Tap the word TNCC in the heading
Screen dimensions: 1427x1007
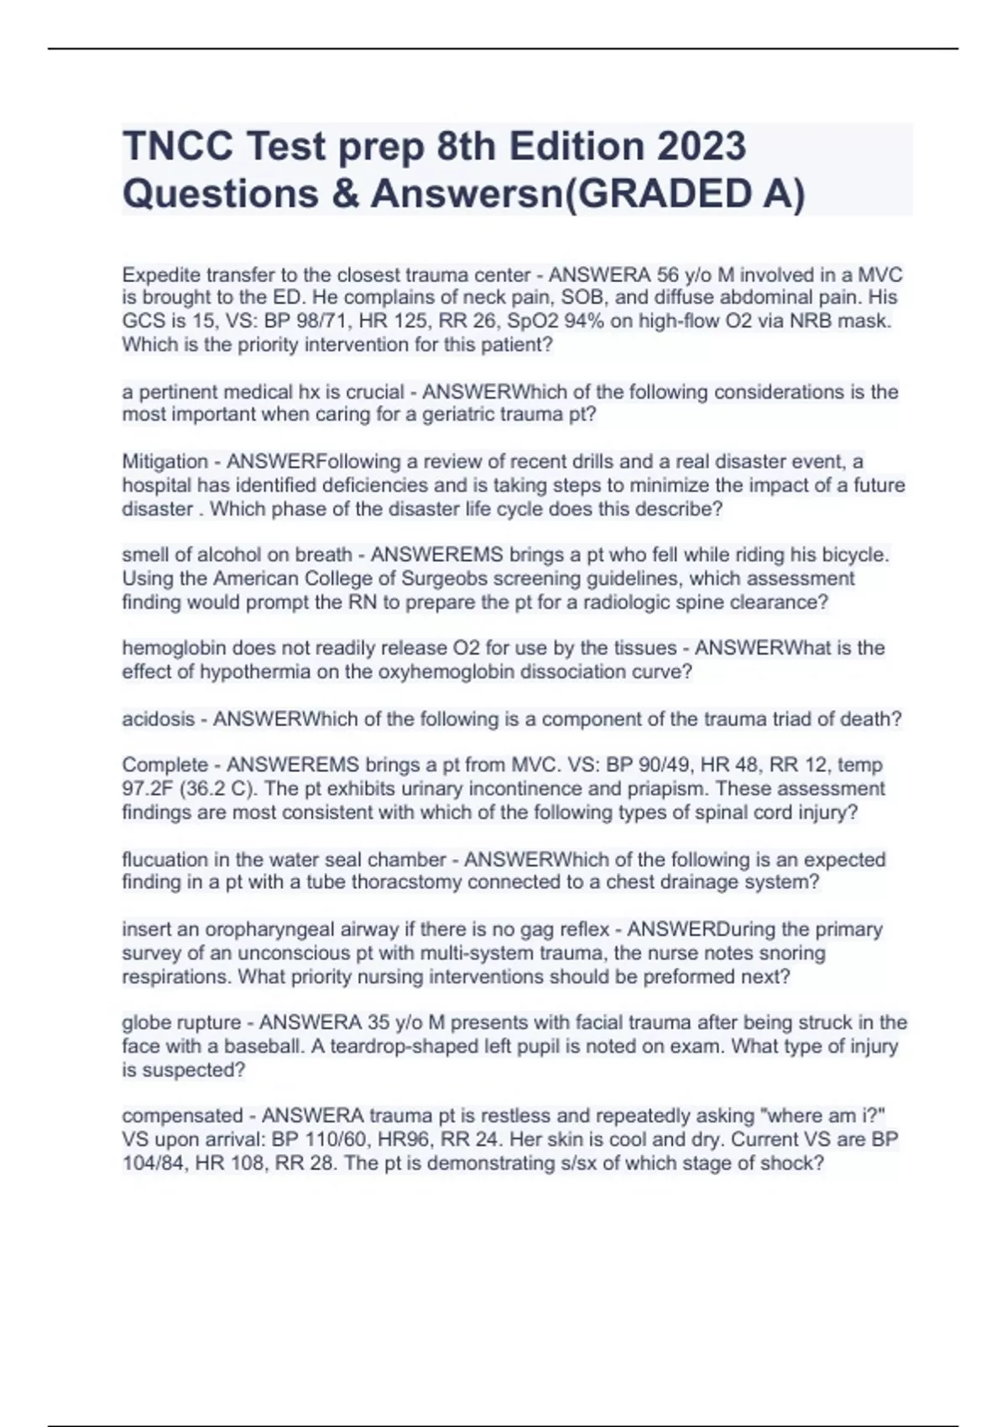coord(177,146)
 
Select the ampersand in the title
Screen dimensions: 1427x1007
coord(344,194)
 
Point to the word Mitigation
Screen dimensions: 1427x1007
coord(165,462)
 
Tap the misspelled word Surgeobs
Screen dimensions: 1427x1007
coord(404,578)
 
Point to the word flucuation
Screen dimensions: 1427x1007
coord(170,860)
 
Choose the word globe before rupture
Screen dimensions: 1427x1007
coord(146,1022)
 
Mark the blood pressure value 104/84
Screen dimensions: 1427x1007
coord(154,1163)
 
